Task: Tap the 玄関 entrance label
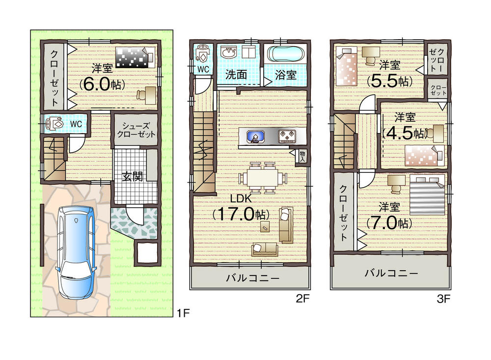pyautogui.click(x=133, y=176)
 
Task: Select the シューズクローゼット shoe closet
pyautogui.click(x=136, y=130)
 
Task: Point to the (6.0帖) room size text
pyautogui.click(x=102, y=83)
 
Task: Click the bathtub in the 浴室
pyautogui.click(x=285, y=54)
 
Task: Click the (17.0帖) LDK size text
pyautogui.click(x=241, y=214)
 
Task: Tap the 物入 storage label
pyautogui.click(x=302, y=156)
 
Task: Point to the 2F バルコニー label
pyautogui.click(x=252, y=278)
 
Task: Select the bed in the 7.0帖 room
pyautogui.click(x=427, y=196)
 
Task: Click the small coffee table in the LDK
pyautogui.click(x=265, y=226)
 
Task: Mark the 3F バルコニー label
pyautogui.click(x=391, y=273)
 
